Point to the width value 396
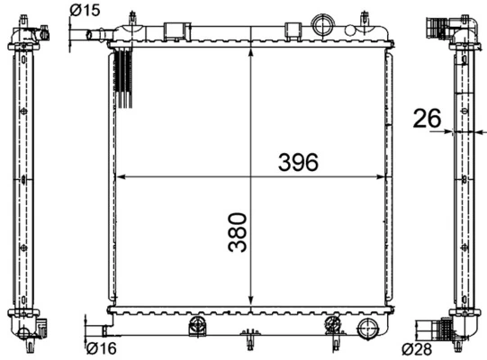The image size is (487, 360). tap(298, 163)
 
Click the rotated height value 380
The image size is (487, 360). tap(237, 232)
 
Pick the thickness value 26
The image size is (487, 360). tap(427, 117)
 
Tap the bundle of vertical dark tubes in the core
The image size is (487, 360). tap(124, 79)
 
